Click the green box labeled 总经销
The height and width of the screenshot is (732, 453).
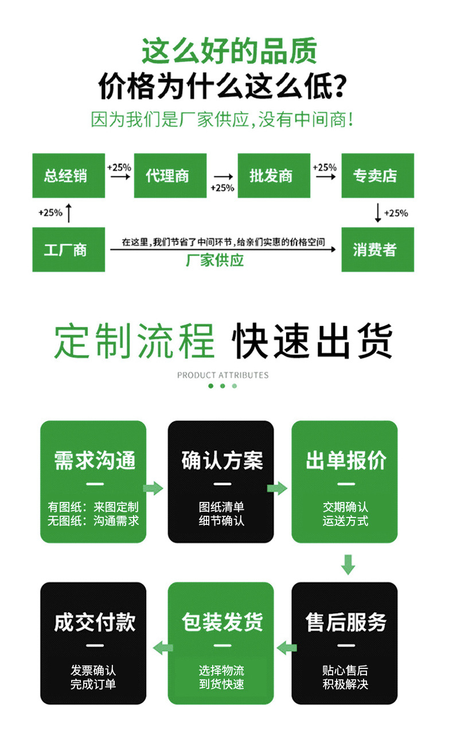point(68,176)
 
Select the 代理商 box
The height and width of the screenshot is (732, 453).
point(170,176)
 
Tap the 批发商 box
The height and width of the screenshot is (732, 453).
point(274,176)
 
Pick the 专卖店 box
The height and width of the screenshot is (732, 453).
point(377,176)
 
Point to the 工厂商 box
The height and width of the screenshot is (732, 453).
point(68,250)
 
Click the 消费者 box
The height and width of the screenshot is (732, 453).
point(377,250)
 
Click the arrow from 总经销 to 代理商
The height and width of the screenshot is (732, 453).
point(120,177)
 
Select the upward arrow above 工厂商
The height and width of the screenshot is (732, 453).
point(69,212)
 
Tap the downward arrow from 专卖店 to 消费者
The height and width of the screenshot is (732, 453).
point(377,212)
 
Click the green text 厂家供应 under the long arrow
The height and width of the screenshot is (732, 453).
point(215,260)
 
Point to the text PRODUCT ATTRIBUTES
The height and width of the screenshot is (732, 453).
point(222,375)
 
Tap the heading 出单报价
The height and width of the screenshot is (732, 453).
point(346,460)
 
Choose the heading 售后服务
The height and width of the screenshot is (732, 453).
point(346,622)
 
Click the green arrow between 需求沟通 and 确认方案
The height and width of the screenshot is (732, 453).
point(153,488)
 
